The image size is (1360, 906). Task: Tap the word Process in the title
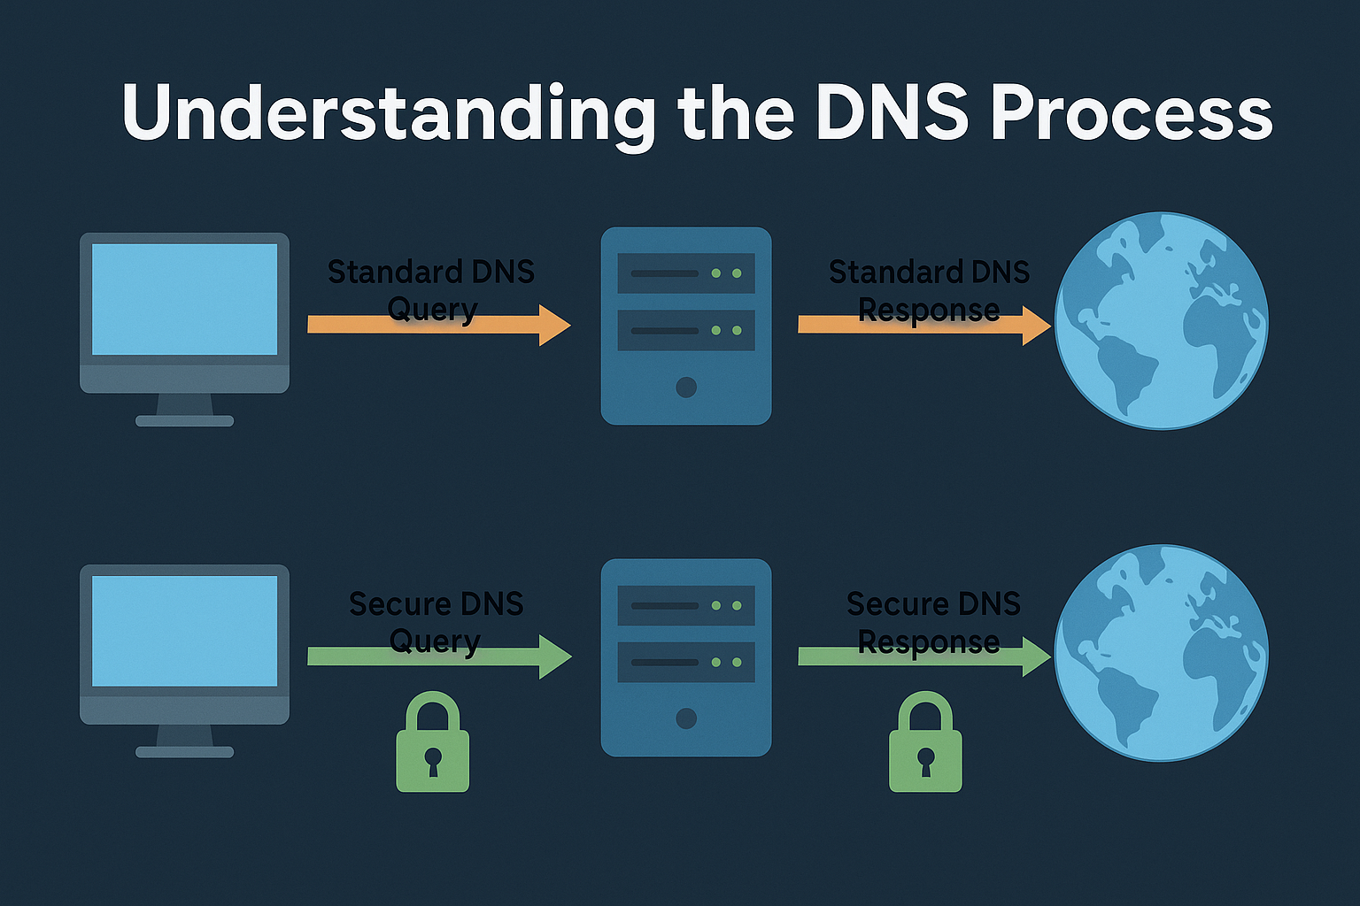point(1131,113)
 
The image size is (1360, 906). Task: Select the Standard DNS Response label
point(929,290)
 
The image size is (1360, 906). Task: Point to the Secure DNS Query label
point(436,622)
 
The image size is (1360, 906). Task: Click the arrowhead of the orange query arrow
point(555,325)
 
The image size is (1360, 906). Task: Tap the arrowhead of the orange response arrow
point(1036,325)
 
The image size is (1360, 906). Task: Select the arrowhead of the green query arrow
point(555,656)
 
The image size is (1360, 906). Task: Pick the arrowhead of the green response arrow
point(1036,656)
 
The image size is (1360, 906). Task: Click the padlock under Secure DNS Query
point(432,743)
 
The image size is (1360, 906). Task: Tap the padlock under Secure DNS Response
point(925,743)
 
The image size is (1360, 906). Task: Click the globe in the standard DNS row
point(1162,320)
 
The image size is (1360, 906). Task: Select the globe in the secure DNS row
point(1162,653)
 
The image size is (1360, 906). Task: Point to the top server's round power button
point(686,387)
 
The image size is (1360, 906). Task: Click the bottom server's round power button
point(686,718)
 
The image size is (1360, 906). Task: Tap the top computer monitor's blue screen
point(184,299)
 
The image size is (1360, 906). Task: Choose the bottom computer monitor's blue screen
point(184,631)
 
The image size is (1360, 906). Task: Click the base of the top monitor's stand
point(184,421)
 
